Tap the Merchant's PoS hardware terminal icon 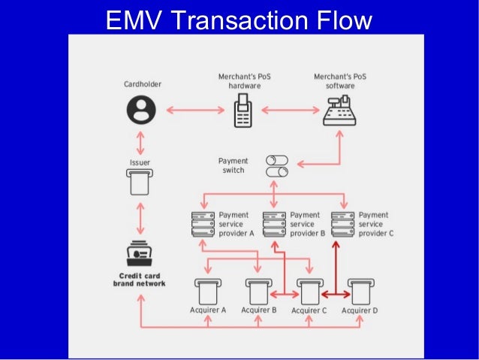243,113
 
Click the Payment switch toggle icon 276,165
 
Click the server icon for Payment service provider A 203,224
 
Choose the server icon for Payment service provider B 274,224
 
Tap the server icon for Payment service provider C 342,224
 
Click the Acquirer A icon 208,291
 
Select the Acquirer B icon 258,291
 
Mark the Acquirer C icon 309,291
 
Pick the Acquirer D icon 360,291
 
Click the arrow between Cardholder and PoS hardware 191,111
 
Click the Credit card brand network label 140,279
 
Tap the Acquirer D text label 360,310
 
